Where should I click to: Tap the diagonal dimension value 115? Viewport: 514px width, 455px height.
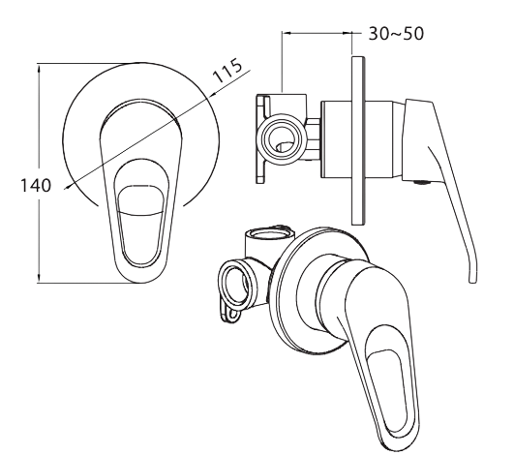228,74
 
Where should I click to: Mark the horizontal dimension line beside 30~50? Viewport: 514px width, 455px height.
315,31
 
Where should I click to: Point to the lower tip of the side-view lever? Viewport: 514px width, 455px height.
472,277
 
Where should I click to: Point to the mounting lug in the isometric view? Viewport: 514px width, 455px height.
233,313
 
